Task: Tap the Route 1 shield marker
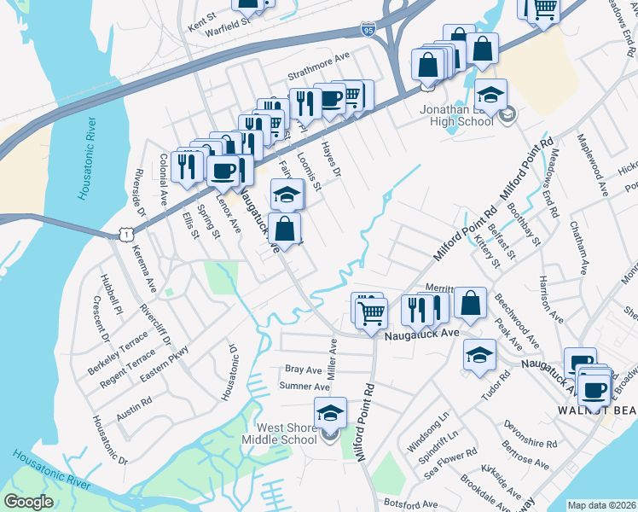(x=126, y=232)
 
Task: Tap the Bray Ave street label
(x=303, y=370)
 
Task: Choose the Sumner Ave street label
(x=304, y=387)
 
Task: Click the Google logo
(x=28, y=502)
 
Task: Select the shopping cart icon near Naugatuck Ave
(x=371, y=311)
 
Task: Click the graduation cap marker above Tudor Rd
(x=480, y=354)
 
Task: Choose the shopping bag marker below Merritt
(x=469, y=302)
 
